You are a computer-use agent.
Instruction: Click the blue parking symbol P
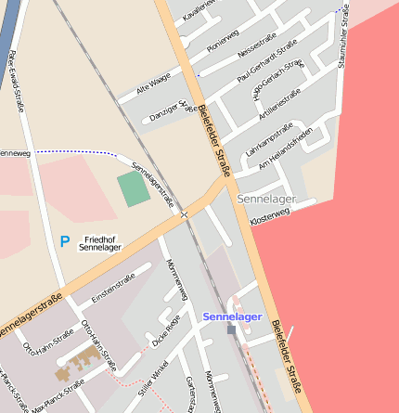[x=65, y=241]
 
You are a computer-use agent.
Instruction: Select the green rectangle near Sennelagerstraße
[x=134, y=189]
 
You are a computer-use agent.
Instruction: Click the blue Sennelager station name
[x=232, y=316]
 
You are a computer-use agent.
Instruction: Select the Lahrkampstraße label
[x=268, y=138]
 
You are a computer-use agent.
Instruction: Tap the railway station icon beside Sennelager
[x=231, y=329]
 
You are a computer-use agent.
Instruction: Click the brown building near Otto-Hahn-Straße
[x=78, y=364]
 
